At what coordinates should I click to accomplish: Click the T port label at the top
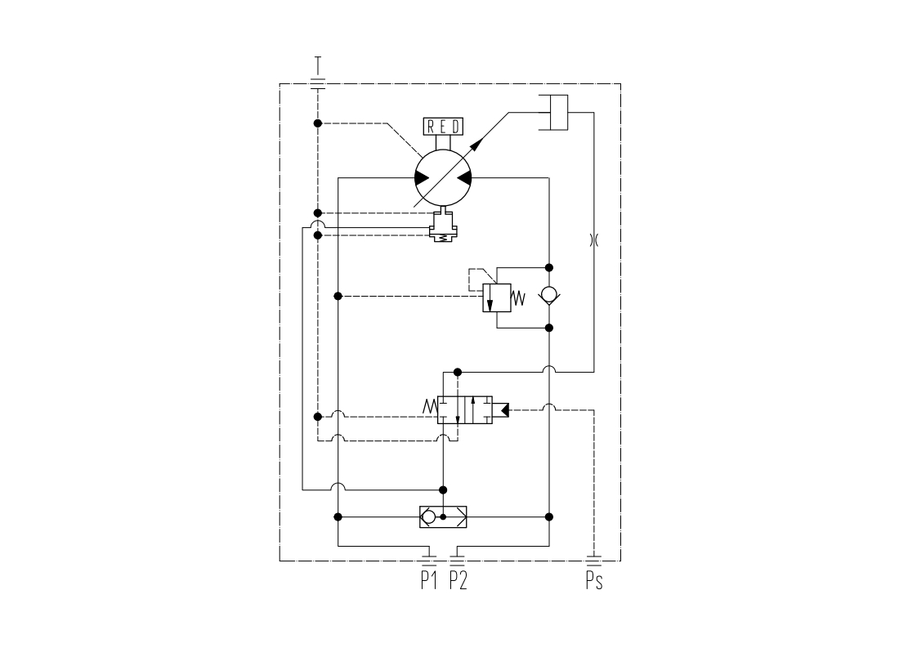(317, 64)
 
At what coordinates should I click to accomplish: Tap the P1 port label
(429, 581)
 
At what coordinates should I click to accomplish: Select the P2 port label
(458, 581)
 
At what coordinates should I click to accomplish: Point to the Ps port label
(595, 582)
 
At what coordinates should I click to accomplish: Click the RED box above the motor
(443, 126)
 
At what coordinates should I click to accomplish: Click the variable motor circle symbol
(442, 178)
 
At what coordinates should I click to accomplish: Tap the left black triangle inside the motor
(422, 178)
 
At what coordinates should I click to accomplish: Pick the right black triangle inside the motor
(463, 178)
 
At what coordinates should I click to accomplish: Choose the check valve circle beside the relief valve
(549, 295)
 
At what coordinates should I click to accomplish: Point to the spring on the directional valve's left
(430, 405)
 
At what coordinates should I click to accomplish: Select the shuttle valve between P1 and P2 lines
(443, 516)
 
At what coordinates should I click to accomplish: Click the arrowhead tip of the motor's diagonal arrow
(482, 138)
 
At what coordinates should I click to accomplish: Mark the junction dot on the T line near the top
(317, 123)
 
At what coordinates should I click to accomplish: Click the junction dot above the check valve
(549, 266)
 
